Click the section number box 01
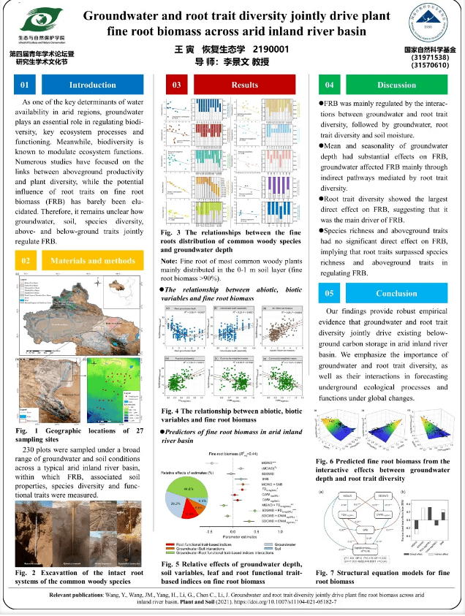[25, 85]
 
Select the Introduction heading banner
[92, 85]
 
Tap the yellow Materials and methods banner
[92, 260]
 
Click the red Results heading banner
[245, 85]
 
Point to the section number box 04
[330, 85]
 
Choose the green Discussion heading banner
[396, 85]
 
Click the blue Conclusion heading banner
[396, 293]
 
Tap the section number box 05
[330, 293]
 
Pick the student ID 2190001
[271, 49]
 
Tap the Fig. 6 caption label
[327, 461]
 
